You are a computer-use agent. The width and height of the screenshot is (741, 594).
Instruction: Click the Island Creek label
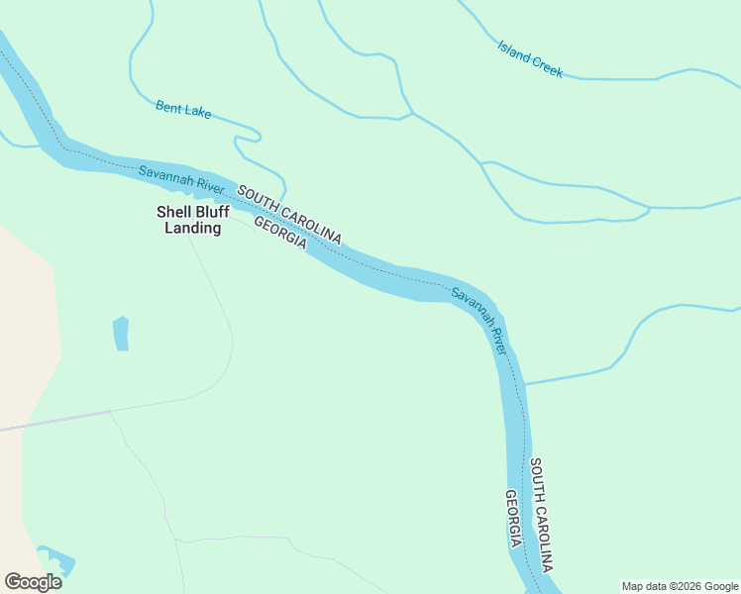tap(530, 58)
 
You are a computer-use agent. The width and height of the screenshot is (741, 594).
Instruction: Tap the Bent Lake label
tap(183, 109)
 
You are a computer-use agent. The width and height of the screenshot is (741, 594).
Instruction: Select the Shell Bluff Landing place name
tap(193, 220)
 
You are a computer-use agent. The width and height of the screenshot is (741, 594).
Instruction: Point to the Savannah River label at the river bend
tap(480, 321)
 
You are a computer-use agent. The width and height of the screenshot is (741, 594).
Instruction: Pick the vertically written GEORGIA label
tap(513, 519)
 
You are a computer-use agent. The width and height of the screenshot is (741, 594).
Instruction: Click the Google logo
tap(33, 582)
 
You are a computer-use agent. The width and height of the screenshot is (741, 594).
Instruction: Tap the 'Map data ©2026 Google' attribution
tap(680, 586)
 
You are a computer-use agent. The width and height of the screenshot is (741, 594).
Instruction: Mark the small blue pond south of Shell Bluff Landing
tap(121, 334)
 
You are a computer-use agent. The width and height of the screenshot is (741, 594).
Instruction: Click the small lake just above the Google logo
tap(55, 558)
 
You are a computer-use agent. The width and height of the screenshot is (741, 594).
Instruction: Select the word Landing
tap(193, 228)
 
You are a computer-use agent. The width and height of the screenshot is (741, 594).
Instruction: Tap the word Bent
tap(168, 105)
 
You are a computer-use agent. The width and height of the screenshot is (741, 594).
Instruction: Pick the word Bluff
tap(213, 212)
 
